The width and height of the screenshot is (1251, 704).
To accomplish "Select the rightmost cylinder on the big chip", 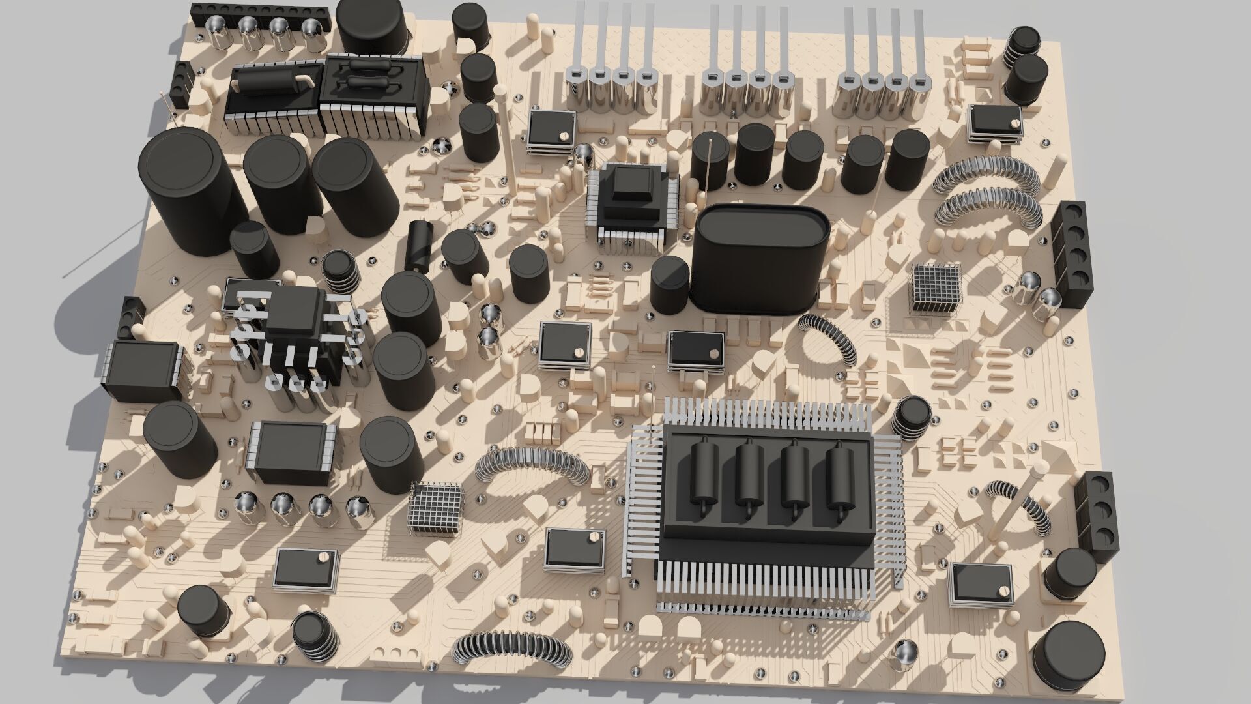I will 841,475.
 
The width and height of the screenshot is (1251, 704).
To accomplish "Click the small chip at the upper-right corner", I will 994,123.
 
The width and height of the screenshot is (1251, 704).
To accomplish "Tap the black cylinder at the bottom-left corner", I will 203,611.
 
